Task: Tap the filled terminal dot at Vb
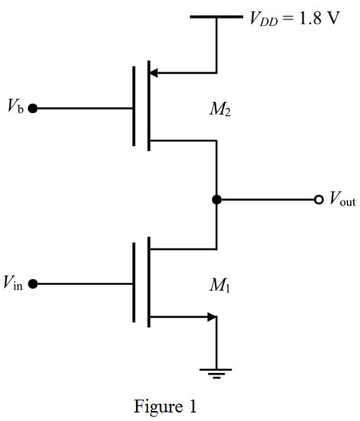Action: coord(33,109)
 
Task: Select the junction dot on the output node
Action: coord(216,200)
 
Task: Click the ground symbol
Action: coord(216,372)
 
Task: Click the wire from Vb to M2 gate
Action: coord(84,109)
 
